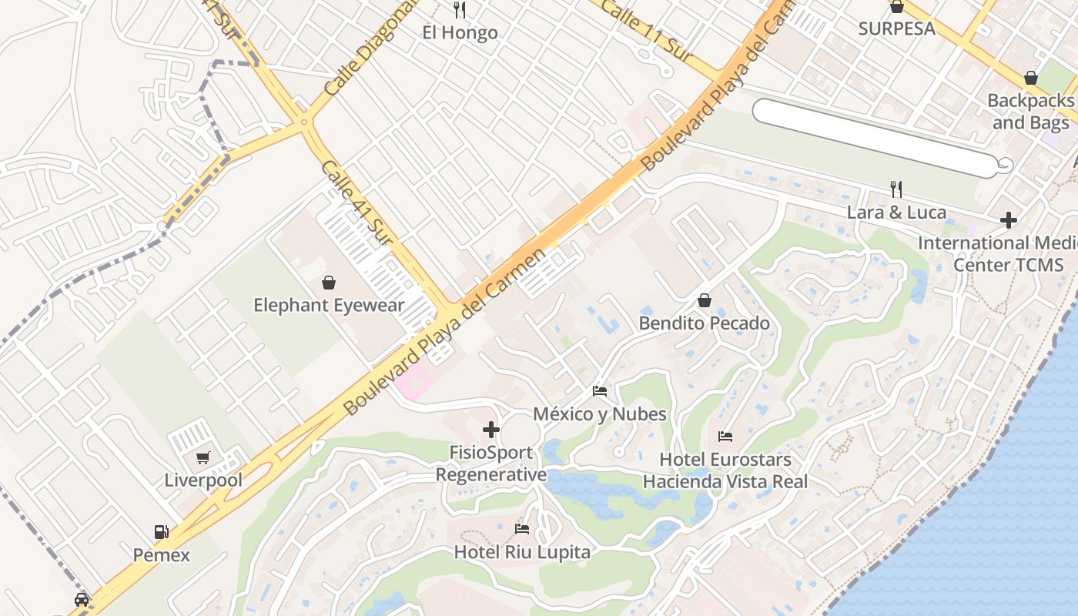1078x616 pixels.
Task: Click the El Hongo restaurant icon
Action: click(x=460, y=10)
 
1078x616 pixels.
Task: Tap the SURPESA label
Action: click(x=897, y=28)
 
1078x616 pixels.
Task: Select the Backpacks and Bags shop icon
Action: click(x=1030, y=79)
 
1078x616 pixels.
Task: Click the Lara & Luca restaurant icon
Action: click(x=896, y=189)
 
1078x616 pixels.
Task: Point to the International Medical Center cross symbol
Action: click(x=1008, y=221)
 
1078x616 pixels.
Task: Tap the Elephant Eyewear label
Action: click(x=329, y=306)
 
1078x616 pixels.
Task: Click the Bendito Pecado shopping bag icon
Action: click(x=704, y=300)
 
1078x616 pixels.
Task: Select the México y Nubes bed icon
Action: click(x=600, y=391)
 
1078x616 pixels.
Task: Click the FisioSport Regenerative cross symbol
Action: click(x=490, y=430)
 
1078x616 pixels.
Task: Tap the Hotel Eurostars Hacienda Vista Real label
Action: click(x=725, y=470)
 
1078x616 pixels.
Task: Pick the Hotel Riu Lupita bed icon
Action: click(x=522, y=529)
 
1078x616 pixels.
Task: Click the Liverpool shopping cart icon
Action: click(x=203, y=458)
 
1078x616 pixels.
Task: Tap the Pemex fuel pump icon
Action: click(x=161, y=532)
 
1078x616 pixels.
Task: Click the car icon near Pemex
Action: click(x=82, y=599)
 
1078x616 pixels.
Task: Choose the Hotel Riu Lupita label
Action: click(x=522, y=552)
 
